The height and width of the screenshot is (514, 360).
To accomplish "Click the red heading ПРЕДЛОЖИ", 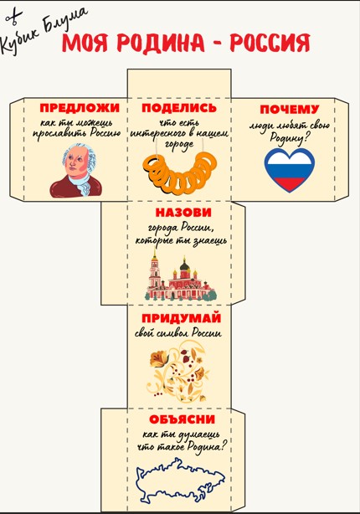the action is tap(80, 108).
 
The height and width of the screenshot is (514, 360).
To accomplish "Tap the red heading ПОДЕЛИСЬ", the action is tap(179, 108).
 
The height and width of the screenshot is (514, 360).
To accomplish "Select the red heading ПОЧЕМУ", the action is tap(290, 110).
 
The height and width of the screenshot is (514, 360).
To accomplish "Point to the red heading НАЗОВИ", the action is tap(183, 213).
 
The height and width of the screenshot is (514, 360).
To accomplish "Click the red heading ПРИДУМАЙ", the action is tap(182, 318).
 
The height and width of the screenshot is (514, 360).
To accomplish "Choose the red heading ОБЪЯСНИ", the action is tap(183, 419).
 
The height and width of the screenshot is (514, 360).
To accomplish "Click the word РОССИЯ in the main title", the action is tap(270, 43).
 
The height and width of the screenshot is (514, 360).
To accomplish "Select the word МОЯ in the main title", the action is tap(85, 43).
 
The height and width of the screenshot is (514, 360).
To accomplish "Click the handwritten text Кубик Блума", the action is tap(44, 29).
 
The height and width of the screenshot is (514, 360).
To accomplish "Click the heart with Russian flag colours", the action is tap(290, 170).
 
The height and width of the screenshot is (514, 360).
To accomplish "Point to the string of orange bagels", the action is tap(180, 173).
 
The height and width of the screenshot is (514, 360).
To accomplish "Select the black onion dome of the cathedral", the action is tap(184, 265).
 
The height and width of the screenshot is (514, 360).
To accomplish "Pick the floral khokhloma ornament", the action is tap(179, 371).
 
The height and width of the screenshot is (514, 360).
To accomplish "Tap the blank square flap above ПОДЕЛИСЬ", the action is tap(179, 84).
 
